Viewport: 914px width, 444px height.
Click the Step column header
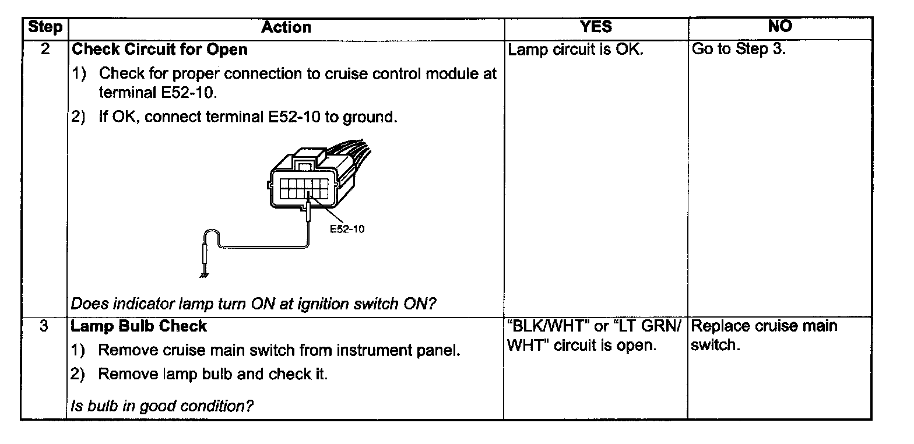tap(44, 27)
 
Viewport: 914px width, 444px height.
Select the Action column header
tap(286, 27)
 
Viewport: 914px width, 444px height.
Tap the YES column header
tap(596, 27)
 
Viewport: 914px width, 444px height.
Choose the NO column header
tap(780, 27)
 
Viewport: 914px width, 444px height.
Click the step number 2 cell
tap(44, 49)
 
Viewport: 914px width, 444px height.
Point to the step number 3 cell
tap(44, 326)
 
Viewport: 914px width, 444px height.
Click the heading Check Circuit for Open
tap(159, 50)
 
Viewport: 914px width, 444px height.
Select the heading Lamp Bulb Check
tap(139, 326)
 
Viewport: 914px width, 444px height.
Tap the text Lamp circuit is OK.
tap(576, 50)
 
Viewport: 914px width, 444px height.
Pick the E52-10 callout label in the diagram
tap(347, 229)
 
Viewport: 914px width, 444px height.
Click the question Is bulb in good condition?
tap(161, 406)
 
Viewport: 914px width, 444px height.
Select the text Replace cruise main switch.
tap(764, 335)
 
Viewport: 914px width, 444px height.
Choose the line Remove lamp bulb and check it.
tap(212, 374)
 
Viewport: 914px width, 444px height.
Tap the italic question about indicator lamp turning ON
tap(254, 304)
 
